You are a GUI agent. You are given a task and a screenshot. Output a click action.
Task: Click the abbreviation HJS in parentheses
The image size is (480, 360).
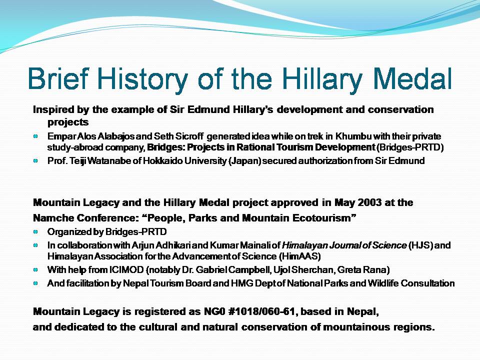(x=419, y=245)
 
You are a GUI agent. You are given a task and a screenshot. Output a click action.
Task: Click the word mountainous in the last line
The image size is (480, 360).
(x=357, y=328)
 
